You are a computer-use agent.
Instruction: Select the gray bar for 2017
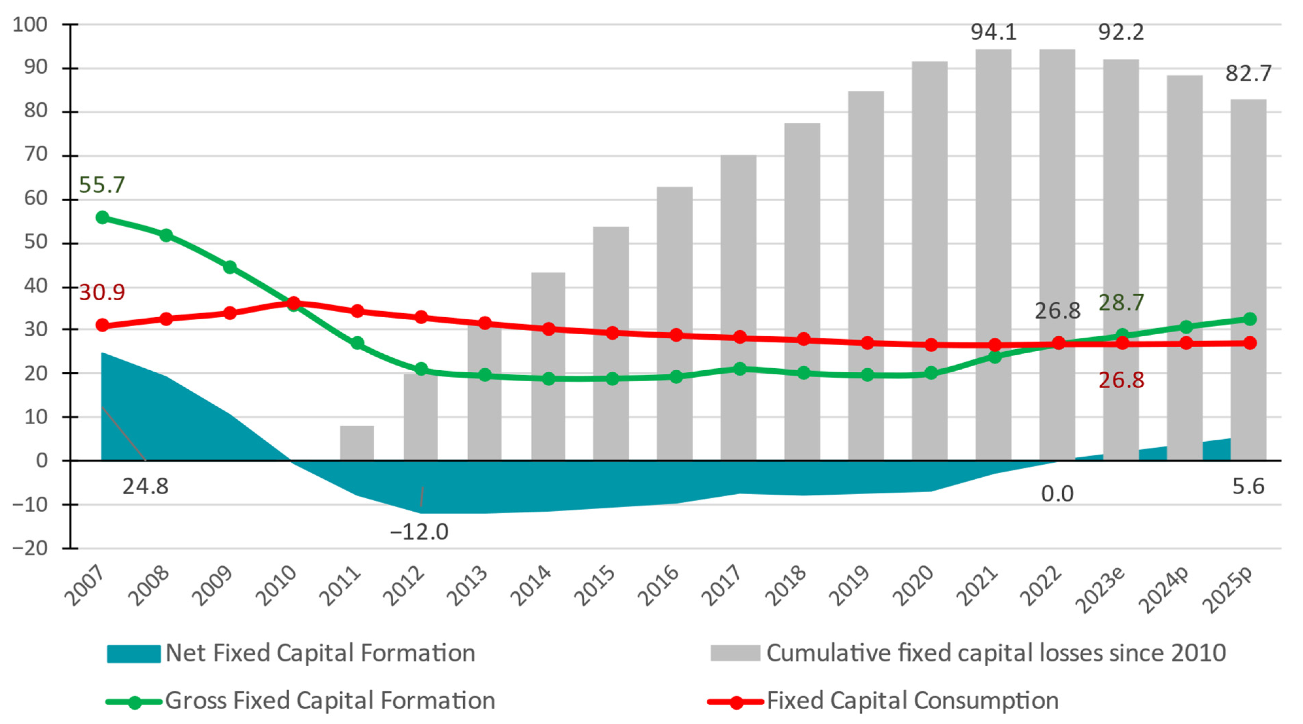point(738,253)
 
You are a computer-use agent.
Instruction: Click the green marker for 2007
point(102,217)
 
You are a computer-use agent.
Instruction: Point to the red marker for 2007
point(102,325)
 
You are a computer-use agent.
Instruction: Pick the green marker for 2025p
point(1249,319)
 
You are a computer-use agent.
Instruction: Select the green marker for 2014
point(548,378)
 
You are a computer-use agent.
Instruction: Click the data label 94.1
point(993,32)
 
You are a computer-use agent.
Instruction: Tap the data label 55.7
point(102,185)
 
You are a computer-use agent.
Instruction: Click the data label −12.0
point(419,532)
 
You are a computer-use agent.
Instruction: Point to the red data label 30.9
point(102,292)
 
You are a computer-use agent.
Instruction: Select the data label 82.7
point(1248,74)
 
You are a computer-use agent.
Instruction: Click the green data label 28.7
point(1121,303)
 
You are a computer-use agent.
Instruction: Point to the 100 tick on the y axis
point(30,24)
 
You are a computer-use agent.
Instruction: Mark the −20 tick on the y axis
point(30,548)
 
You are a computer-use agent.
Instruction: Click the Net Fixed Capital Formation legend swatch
point(134,653)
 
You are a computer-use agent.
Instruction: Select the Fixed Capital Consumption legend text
point(912,701)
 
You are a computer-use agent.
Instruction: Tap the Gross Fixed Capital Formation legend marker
point(135,702)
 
